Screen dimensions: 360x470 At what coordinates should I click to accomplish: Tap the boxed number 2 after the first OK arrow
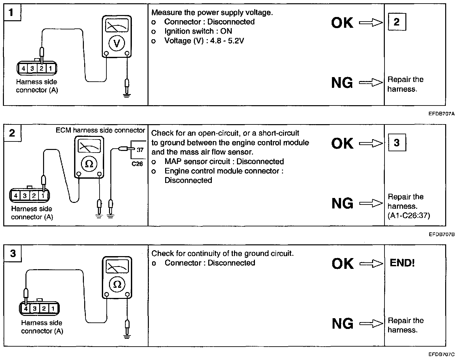(x=397, y=22)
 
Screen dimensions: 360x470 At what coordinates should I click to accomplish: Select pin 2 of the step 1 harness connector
(x=42, y=69)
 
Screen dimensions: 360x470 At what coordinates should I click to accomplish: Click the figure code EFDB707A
(x=442, y=114)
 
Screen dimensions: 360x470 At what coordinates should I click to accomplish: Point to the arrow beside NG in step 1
(x=371, y=83)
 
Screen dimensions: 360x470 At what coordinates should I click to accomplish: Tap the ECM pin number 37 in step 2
(x=140, y=150)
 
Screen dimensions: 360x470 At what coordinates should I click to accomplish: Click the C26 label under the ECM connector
(x=137, y=164)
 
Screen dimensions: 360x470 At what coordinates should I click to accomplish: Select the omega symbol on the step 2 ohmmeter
(x=89, y=164)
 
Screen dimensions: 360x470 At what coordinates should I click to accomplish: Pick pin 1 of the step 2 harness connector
(x=43, y=196)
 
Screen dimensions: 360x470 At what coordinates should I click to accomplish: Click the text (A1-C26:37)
(x=409, y=216)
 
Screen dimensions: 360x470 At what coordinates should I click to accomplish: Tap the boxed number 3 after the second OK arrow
(x=397, y=143)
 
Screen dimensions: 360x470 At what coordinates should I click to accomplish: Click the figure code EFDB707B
(x=442, y=234)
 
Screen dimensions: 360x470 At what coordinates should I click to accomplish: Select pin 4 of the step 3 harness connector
(x=25, y=308)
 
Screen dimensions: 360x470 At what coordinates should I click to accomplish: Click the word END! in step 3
(x=402, y=263)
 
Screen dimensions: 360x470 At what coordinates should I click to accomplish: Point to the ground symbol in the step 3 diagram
(x=127, y=336)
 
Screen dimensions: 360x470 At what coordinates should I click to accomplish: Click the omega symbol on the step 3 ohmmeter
(x=117, y=284)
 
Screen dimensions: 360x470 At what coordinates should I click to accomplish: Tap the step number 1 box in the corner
(x=12, y=13)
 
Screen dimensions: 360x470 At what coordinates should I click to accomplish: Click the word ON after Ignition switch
(x=226, y=31)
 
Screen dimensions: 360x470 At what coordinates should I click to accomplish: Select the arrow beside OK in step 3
(x=371, y=263)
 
